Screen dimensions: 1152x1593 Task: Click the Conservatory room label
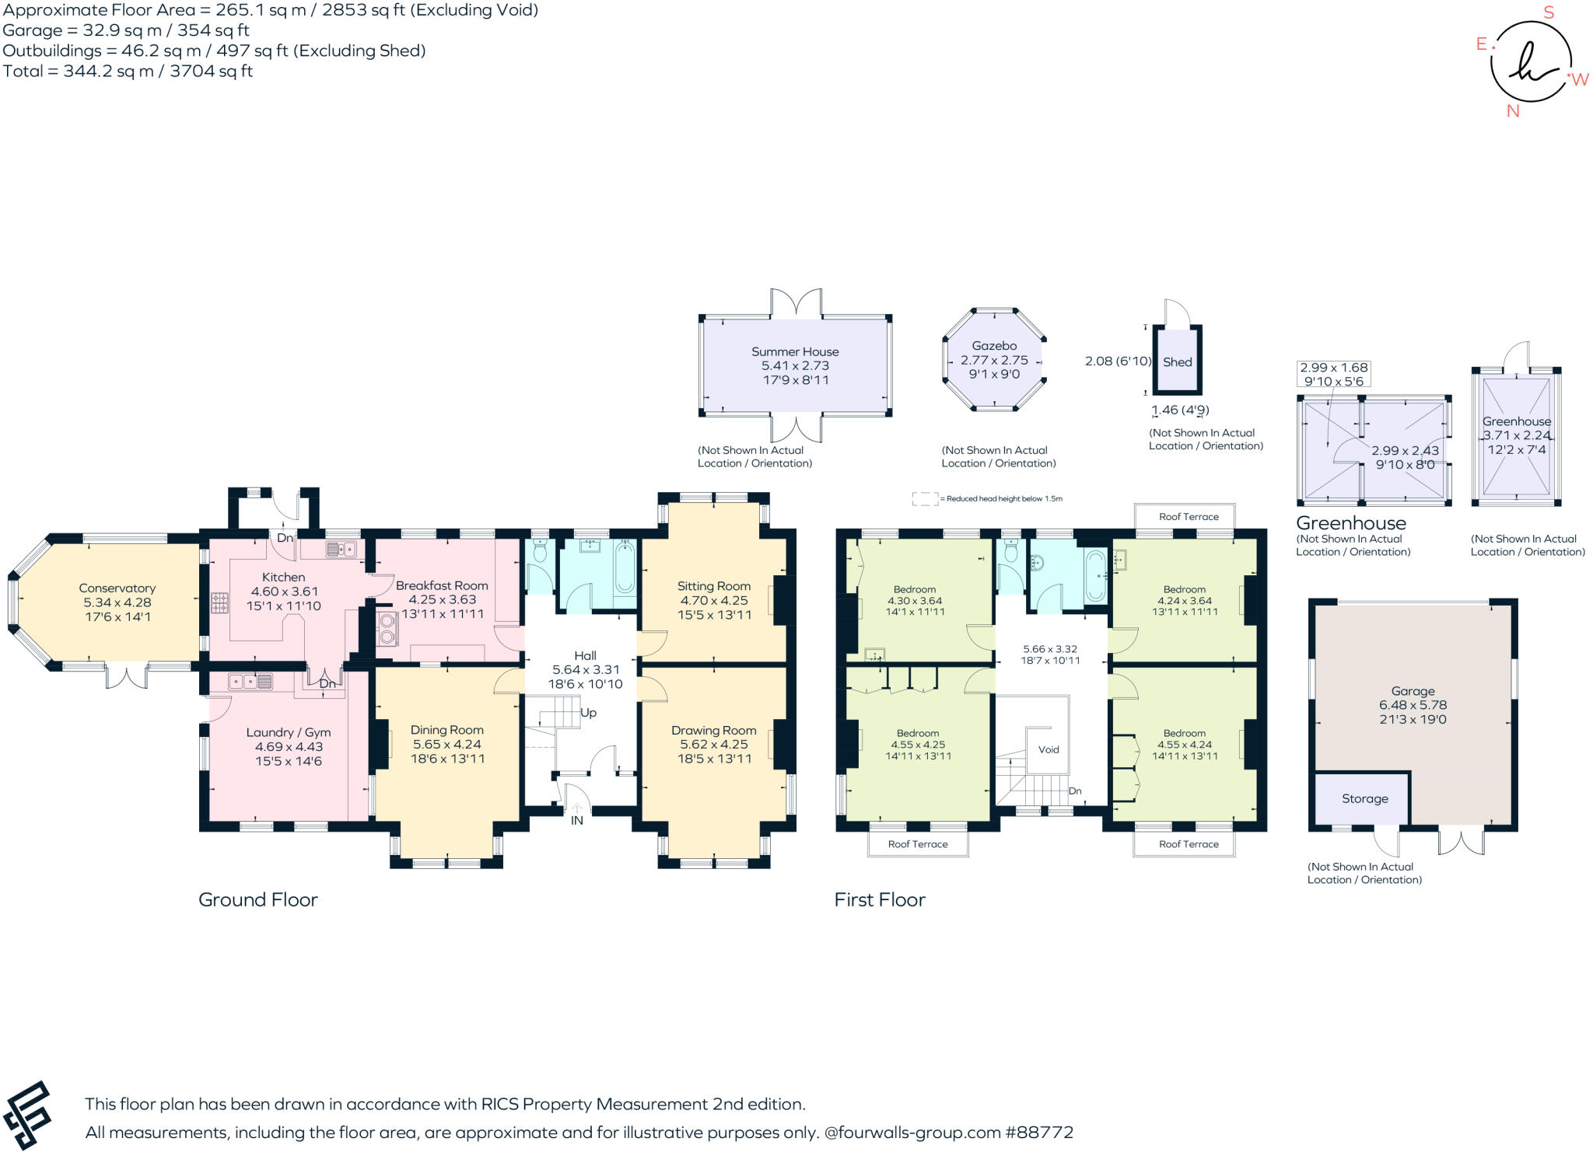pyautogui.click(x=117, y=588)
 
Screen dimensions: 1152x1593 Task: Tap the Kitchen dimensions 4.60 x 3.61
pyautogui.click(x=284, y=592)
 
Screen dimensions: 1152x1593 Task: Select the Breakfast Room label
pyautogui.click(x=442, y=585)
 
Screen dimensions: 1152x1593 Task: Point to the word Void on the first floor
pyautogui.click(x=1049, y=749)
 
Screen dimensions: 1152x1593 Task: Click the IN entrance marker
pyautogui.click(x=577, y=820)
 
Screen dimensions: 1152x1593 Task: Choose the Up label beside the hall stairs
pyautogui.click(x=589, y=712)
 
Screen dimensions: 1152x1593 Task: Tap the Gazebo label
pyautogui.click(x=994, y=346)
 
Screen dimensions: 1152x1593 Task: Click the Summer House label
pyautogui.click(x=795, y=351)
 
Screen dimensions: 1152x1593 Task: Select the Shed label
pyautogui.click(x=1177, y=362)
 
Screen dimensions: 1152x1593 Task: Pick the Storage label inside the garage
pyautogui.click(x=1364, y=798)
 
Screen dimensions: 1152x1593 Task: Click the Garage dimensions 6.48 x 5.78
pyautogui.click(x=1413, y=705)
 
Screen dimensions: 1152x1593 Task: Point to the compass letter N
pyautogui.click(x=1513, y=111)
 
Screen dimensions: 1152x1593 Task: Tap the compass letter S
pyautogui.click(x=1549, y=12)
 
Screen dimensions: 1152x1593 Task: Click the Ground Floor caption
pyautogui.click(x=258, y=899)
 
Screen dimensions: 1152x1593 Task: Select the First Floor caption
pyautogui.click(x=880, y=899)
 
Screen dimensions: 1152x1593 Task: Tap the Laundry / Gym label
pyautogui.click(x=289, y=732)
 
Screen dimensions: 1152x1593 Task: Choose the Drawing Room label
pyautogui.click(x=713, y=730)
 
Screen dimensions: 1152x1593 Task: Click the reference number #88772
pyautogui.click(x=1040, y=1132)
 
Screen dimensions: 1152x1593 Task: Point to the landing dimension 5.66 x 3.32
pyautogui.click(x=1050, y=648)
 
